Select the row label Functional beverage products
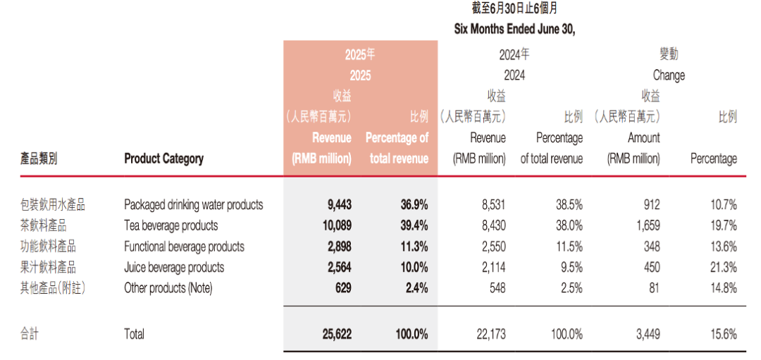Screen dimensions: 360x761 (184, 247)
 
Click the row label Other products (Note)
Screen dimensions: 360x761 (168, 287)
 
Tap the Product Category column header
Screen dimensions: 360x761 (163, 159)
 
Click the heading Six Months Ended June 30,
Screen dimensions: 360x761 (515, 30)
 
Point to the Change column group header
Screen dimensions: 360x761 (669, 75)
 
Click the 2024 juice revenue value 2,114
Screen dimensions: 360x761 (491, 267)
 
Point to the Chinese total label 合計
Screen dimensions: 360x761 (29, 334)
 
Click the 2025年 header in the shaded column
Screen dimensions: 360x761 (359, 54)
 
